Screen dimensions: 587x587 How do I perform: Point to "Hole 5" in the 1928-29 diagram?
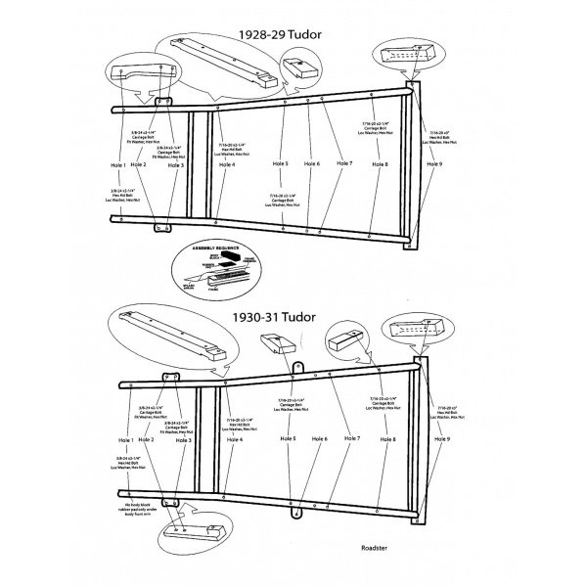pos(280,163)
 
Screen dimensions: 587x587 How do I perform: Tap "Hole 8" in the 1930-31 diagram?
pos(387,439)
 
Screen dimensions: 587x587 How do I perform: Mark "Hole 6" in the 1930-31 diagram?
pos(319,439)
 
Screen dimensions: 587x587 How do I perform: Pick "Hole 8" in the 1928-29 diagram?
pos(380,163)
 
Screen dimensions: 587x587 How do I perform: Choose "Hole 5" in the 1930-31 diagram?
pos(287,439)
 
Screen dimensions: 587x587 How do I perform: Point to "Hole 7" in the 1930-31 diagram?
pos(352,439)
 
